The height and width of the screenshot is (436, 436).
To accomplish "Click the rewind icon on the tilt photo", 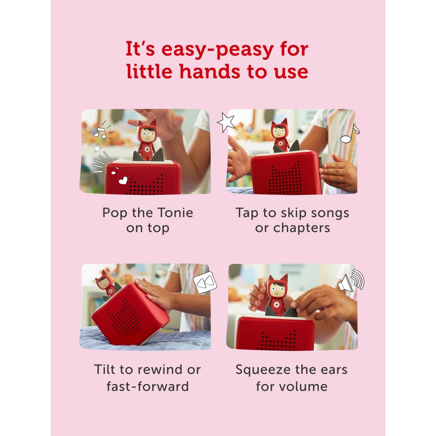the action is [205, 282].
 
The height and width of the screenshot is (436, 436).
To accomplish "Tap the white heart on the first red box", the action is [123, 181].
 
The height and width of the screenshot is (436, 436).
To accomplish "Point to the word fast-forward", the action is [148, 387].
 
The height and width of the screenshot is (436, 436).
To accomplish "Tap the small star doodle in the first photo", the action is [97, 149].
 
